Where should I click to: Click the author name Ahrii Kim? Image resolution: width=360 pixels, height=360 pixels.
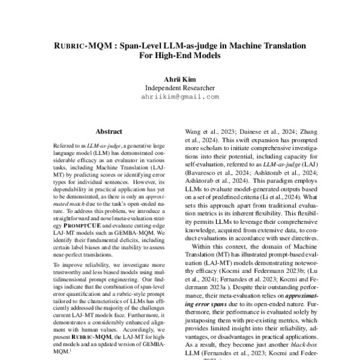click(x=180, y=78)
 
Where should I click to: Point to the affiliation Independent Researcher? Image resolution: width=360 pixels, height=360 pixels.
click(x=180, y=87)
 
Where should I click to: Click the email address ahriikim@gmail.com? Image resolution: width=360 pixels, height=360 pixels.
click(x=180, y=96)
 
